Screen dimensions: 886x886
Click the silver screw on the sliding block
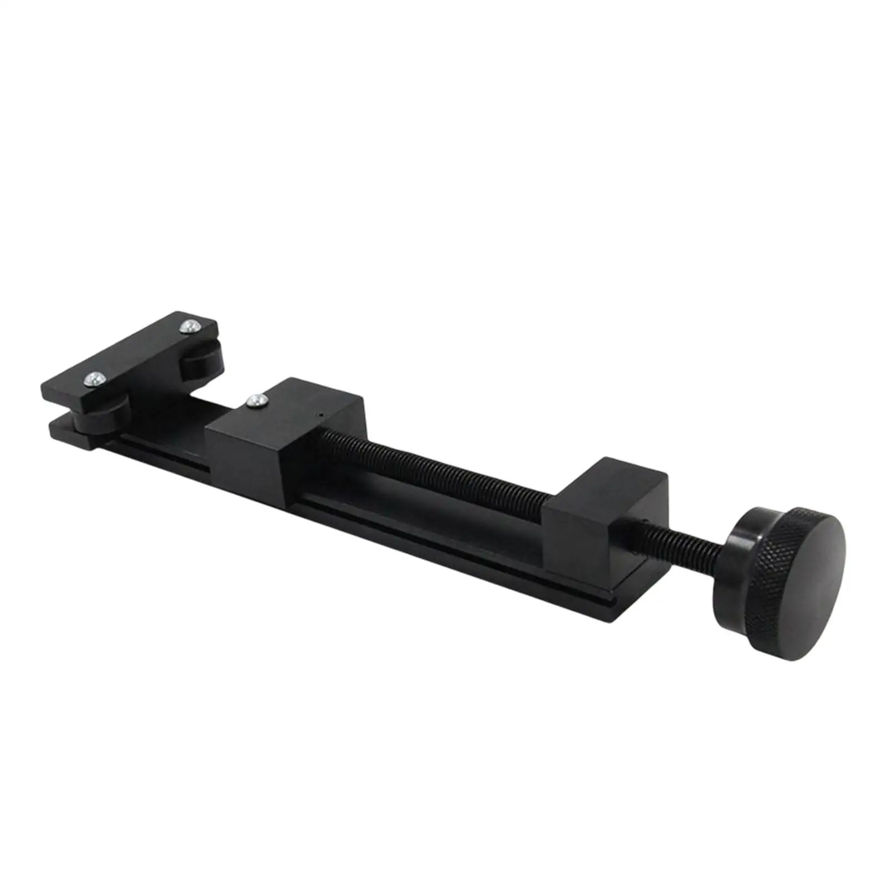255,399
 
